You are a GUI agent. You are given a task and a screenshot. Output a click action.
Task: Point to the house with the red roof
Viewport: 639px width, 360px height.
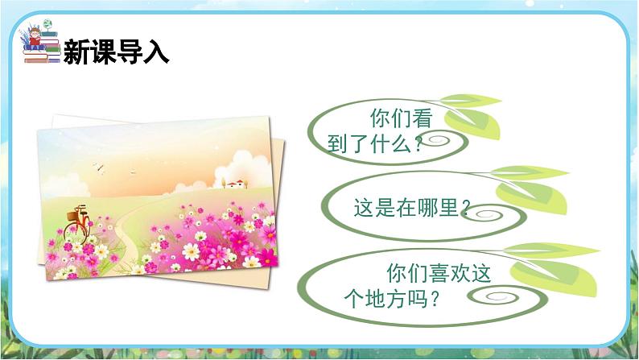click(235, 184)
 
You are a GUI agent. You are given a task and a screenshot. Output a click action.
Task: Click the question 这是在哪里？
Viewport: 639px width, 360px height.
click(410, 208)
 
